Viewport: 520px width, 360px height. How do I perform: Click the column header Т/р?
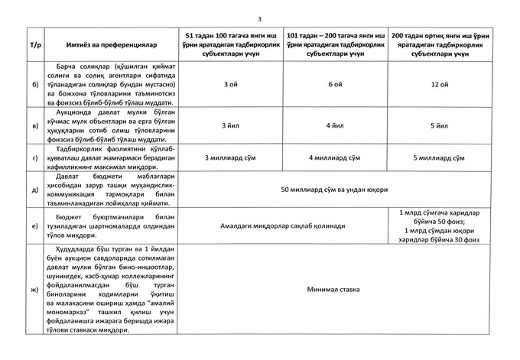35,45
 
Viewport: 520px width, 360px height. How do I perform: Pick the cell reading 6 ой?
333,84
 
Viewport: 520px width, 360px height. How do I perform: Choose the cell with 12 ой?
440,84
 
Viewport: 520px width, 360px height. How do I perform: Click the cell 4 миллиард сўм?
333,157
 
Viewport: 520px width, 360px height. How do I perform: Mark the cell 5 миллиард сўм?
440,157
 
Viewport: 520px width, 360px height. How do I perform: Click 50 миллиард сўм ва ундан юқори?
334,189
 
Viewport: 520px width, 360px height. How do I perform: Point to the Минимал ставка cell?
334,290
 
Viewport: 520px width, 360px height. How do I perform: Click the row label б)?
35,84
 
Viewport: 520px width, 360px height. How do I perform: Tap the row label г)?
35,157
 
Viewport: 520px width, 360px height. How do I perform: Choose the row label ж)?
35,290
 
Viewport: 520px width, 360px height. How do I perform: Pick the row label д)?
35,189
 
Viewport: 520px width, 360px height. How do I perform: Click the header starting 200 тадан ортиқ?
440,45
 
